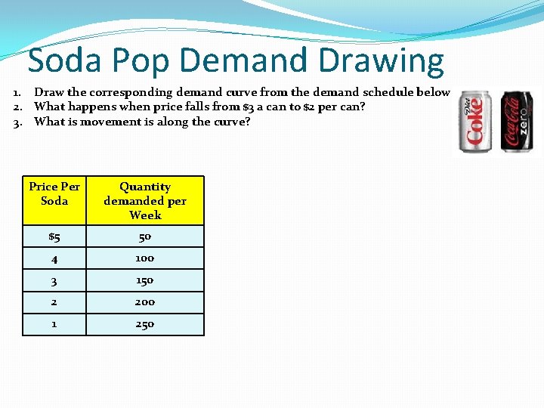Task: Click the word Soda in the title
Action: (x=64, y=60)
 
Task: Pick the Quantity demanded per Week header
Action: (x=145, y=200)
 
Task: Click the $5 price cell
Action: (x=54, y=236)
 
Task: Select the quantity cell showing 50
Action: (x=145, y=236)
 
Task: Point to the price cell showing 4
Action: (x=54, y=258)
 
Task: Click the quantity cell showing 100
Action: (x=145, y=258)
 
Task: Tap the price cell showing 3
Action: (x=54, y=280)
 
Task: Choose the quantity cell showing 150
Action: (x=145, y=280)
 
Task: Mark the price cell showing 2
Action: (x=54, y=302)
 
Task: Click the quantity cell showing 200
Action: (x=145, y=302)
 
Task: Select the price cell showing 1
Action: (x=54, y=324)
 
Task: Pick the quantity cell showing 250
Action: (x=145, y=324)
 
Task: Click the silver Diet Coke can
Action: (x=476, y=122)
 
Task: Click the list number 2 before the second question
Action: (x=17, y=107)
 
